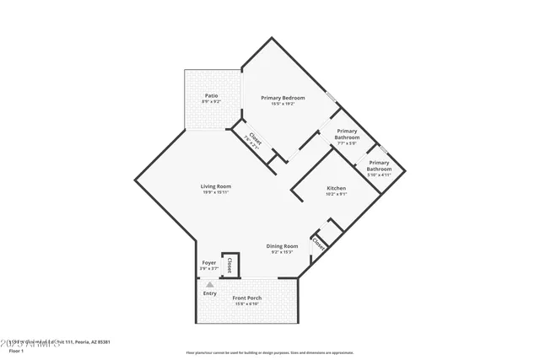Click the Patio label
tap(211, 96)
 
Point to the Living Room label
tap(216, 186)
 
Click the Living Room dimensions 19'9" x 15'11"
tap(216, 192)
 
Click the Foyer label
tap(209, 263)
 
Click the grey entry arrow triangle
tap(210, 285)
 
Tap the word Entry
tap(210, 293)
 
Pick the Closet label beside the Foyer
tap(229, 265)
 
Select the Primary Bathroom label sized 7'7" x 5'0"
tap(348, 134)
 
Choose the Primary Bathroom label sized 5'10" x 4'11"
tap(379, 165)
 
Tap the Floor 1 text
tap(16, 350)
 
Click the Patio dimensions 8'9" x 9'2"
tap(211, 102)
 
